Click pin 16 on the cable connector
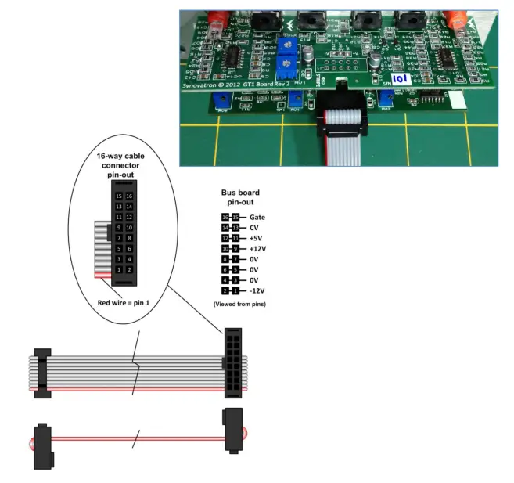[130, 196]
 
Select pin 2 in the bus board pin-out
[225, 290]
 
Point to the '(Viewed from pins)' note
[239, 304]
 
